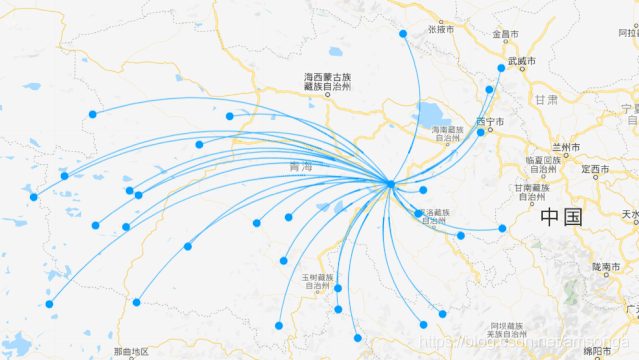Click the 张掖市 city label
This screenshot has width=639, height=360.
441,30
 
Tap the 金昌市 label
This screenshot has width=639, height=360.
505,34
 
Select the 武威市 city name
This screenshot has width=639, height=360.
521,62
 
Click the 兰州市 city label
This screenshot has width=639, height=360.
567,147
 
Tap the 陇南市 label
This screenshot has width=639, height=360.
606,266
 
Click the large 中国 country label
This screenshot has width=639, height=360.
561,217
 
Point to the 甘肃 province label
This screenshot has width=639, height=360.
546,100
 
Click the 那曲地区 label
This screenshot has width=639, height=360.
131,352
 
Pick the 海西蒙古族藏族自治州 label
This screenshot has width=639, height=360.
328,82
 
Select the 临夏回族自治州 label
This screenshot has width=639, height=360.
540,165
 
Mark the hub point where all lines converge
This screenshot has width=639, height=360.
390,183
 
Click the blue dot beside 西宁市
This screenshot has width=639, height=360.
480,131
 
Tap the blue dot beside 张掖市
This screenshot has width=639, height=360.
403,33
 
